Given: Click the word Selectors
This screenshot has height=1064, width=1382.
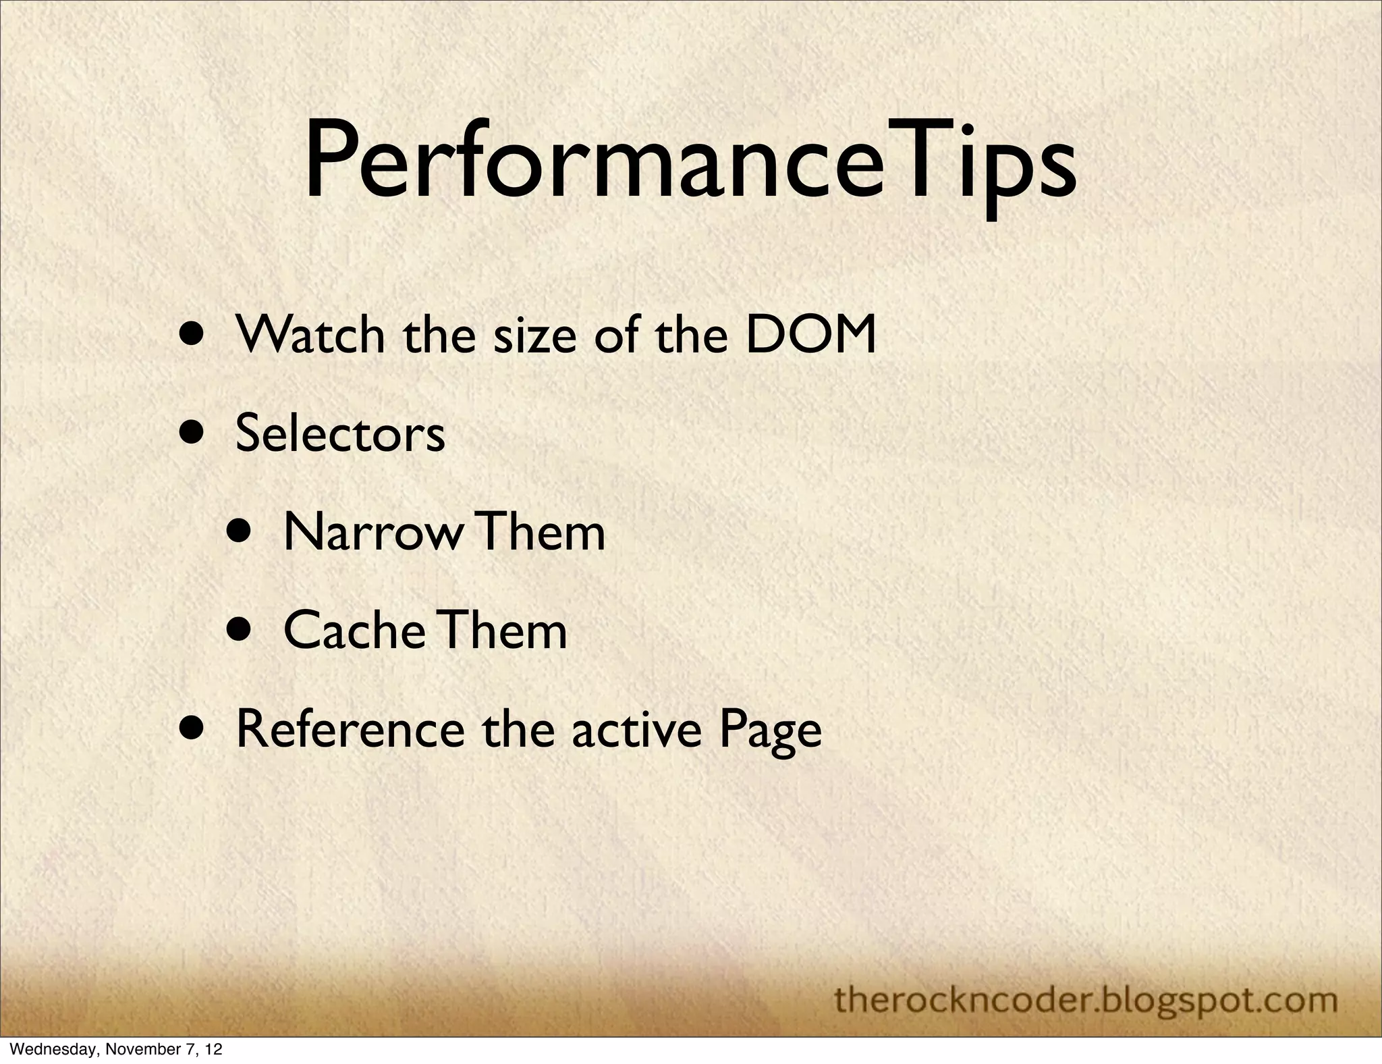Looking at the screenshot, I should [340, 433].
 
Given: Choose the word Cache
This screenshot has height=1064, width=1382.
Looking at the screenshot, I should [354, 631].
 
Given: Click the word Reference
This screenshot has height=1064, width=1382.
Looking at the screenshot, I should [350, 730].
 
